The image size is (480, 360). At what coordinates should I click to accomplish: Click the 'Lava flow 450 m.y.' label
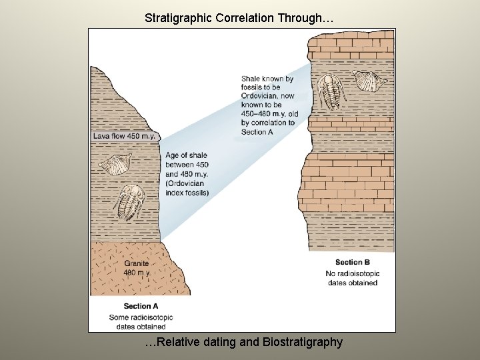[x=124, y=136]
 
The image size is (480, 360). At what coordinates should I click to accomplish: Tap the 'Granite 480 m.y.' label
[x=137, y=268]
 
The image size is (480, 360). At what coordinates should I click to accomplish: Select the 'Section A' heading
[x=141, y=307]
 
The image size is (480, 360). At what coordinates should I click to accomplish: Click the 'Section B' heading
[x=353, y=262]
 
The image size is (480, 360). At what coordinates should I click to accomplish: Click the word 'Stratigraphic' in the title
[x=177, y=18]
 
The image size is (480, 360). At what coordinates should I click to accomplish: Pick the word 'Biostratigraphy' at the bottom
[x=303, y=342]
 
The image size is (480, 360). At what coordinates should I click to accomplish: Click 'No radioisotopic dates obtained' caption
[x=353, y=278]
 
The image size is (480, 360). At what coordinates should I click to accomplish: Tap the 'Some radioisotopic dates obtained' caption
[x=137, y=322]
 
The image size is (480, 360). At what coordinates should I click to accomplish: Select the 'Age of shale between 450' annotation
[x=185, y=160]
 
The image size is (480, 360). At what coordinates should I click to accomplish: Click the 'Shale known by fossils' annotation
[x=267, y=83]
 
